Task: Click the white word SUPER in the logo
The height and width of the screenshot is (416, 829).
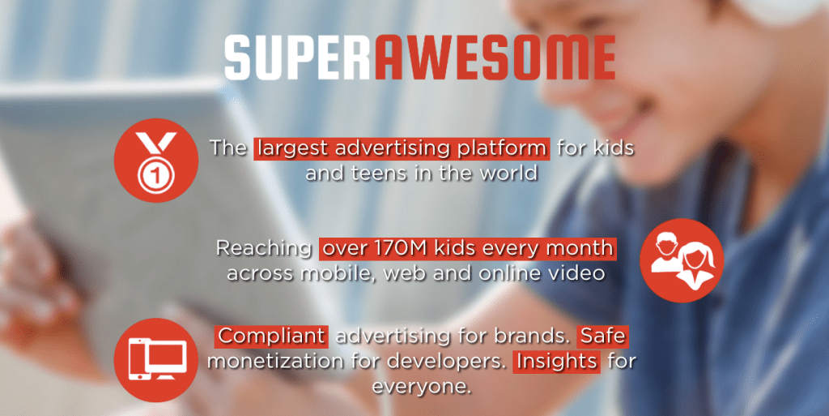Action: click(x=297, y=58)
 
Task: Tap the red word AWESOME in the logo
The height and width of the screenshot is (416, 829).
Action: click(x=495, y=58)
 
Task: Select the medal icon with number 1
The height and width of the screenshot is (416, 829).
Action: click(x=156, y=161)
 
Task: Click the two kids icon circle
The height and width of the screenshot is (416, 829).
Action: click(x=682, y=260)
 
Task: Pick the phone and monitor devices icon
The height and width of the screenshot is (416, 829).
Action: click(x=156, y=360)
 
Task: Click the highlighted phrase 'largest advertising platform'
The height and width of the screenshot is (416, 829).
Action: click(x=402, y=148)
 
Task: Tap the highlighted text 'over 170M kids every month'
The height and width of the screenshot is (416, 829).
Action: click(x=468, y=249)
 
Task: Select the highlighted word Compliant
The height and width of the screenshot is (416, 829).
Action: click(x=271, y=337)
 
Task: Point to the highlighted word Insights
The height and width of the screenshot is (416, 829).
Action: click(x=557, y=362)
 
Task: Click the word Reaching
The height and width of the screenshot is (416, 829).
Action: click(x=264, y=249)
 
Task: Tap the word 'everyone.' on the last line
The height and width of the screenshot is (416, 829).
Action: click(x=421, y=386)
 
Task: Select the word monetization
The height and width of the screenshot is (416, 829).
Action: click(x=275, y=362)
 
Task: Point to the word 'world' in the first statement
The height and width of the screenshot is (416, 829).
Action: click(x=505, y=173)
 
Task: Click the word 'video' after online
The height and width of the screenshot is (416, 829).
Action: click(x=579, y=273)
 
